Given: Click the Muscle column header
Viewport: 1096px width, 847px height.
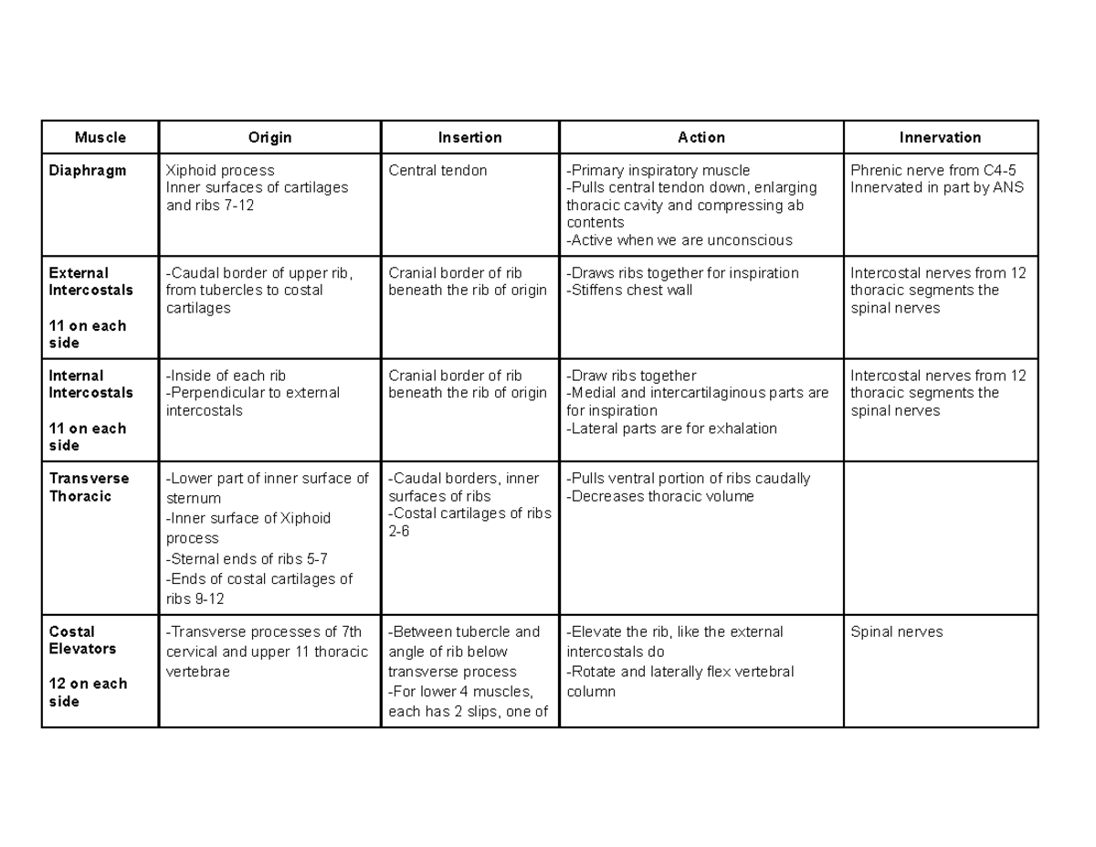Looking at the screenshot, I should click(x=100, y=138).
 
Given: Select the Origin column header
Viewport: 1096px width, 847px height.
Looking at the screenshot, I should click(x=269, y=138).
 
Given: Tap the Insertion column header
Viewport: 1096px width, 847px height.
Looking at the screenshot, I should click(x=469, y=138).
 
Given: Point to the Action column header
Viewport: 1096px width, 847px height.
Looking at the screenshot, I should click(x=701, y=138).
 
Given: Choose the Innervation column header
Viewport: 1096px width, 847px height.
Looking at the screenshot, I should click(x=940, y=138).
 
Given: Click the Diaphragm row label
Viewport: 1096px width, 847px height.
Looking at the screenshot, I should click(x=88, y=171).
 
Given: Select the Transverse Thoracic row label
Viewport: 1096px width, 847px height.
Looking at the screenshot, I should click(x=89, y=487).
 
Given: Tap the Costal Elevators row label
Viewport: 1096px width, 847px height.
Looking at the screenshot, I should click(x=82, y=640).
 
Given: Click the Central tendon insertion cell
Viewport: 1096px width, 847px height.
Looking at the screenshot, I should click(x=437, y=171).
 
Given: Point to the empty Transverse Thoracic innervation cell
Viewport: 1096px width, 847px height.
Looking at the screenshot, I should click(x=940, y=537).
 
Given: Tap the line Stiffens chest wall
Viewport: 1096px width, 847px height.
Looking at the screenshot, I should click(x=629, y=291).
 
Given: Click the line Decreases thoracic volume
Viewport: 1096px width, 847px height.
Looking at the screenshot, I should click(x=660, y=496).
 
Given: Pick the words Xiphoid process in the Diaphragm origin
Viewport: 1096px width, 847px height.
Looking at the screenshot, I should click(x=219, y=171).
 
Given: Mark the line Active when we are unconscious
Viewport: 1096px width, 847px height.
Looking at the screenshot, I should click(x=680, y=240).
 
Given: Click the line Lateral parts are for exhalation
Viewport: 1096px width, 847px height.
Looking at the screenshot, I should click(x=671, y=429).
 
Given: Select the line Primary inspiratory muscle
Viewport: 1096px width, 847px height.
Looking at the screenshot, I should click(x=658, y=171).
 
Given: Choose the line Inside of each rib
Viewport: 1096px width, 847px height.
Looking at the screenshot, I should click(x=226, y=376).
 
